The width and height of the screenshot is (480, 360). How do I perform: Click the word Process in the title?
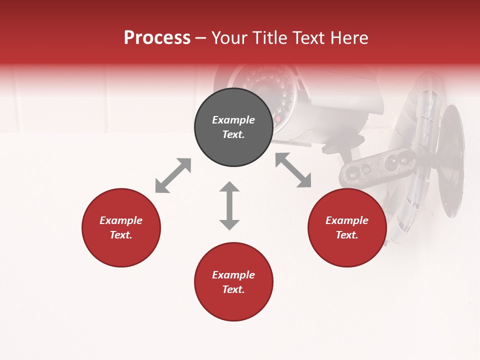pos(157,38)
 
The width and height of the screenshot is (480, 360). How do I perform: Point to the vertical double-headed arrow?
pos(229,205)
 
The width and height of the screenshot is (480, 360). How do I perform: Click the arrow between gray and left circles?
pos(173,175)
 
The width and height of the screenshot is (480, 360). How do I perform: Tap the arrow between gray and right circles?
pos(293,170)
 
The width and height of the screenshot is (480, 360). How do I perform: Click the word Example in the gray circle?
pos(233,120)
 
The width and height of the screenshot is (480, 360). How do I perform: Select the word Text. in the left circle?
pos(121,235)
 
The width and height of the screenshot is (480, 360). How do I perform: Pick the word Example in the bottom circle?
pos(233,275)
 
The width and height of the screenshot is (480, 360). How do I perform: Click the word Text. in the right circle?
pos(347,235)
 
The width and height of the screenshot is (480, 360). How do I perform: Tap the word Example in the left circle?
pos(121,220)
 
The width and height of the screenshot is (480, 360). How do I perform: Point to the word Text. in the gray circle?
pos(233,134)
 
